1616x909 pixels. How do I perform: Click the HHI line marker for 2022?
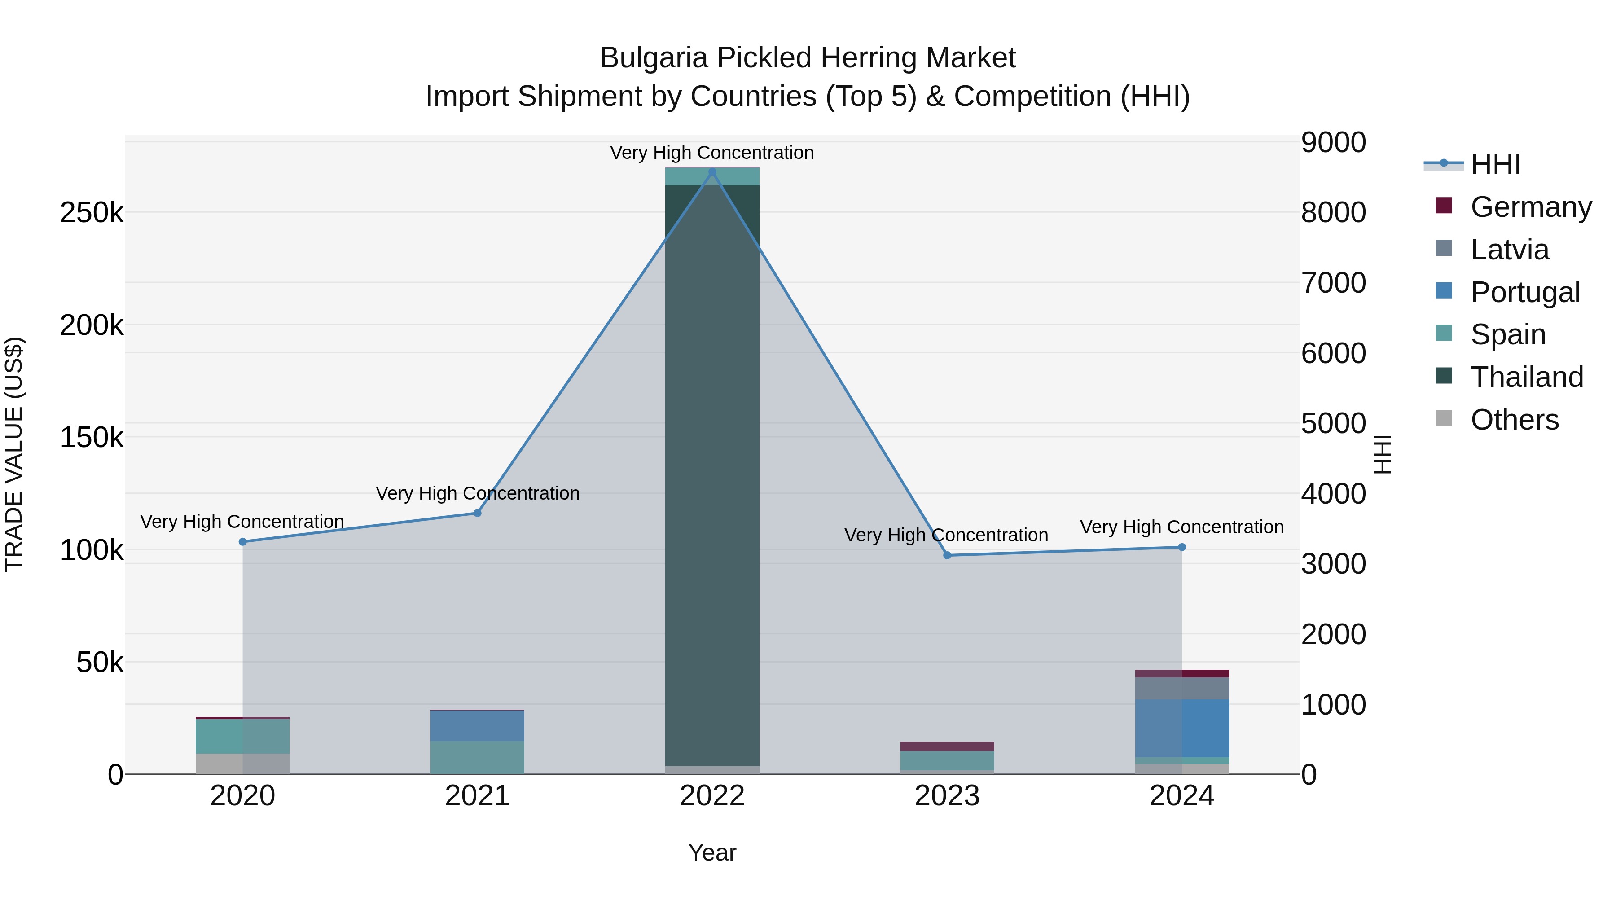coord(712,172)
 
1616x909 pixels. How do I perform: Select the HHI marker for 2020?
coord(243,542)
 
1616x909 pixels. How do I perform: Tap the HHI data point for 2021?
coord(478,513)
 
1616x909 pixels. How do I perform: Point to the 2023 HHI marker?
coord(947,555)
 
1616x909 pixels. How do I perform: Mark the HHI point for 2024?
coord(1182,547)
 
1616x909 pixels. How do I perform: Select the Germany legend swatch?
coord(1444,206)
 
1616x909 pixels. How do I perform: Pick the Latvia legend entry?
coord(1509,250)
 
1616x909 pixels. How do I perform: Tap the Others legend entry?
coord(1515,420)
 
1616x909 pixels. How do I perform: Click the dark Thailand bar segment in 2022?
coord(712,470)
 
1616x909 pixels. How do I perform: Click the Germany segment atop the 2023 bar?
coord(947,746)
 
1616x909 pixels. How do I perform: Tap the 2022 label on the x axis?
coord(712,796)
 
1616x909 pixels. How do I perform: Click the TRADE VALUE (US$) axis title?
coord(14,454)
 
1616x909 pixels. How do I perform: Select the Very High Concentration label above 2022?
coord(712,153)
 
